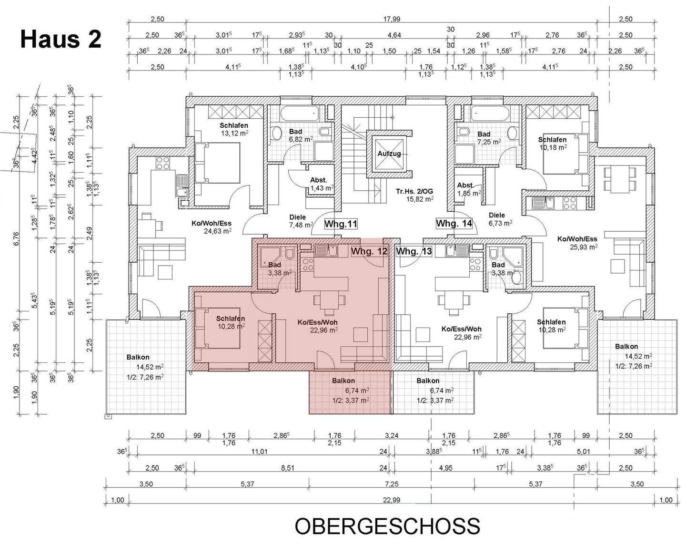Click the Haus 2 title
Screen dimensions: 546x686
point(61,39)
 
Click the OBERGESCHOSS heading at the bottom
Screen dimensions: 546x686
point(387,526)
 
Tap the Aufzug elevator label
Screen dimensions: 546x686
point(389,154)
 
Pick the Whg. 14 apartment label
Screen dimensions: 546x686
point(454,223)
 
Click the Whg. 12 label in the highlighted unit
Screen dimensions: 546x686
point(369,251)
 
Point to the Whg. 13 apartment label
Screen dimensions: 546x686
point(414,251)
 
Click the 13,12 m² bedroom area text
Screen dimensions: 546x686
point(234,134)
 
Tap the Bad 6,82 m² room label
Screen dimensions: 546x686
point(295,135)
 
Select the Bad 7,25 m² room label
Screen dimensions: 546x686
point(484,138)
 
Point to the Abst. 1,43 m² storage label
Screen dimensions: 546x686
point(319,184)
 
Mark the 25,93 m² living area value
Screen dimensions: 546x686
point(584,247)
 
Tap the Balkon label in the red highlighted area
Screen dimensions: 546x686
point(343,381)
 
